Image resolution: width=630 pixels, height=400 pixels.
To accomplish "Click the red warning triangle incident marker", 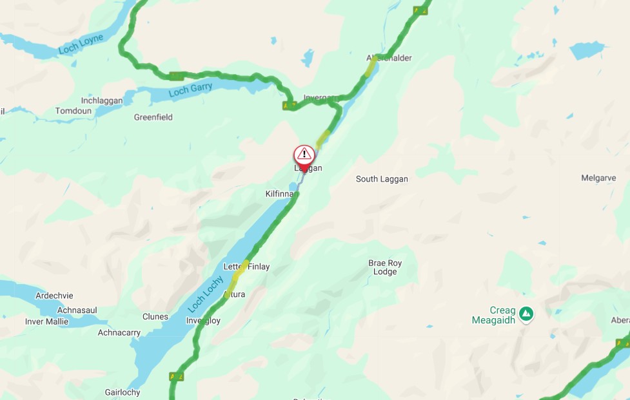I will [304, 155].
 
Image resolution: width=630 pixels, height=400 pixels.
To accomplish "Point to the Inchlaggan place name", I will [102, 100].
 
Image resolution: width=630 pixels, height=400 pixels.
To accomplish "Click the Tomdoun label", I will [74, 111].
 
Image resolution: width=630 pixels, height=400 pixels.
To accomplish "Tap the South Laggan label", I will [382, 179].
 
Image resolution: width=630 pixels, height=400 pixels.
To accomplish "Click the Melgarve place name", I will [598, 178].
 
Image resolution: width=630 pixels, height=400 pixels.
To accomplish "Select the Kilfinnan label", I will [280, 193].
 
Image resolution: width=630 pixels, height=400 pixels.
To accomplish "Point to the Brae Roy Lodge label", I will [385, 267].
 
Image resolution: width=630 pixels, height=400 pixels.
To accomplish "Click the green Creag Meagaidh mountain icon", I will [526, 314].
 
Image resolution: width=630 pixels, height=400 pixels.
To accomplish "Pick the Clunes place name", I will [155, 316].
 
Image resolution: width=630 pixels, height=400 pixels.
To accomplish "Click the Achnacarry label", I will [119, 332].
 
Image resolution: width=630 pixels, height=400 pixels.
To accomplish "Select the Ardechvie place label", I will [54, 296].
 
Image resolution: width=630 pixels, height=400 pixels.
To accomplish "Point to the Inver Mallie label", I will [46, 321].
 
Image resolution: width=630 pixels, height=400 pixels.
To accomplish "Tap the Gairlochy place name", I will [122, 392].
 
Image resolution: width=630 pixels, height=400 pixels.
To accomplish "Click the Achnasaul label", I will [77, 310].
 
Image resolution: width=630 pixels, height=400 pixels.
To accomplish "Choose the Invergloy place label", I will [203, 321].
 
